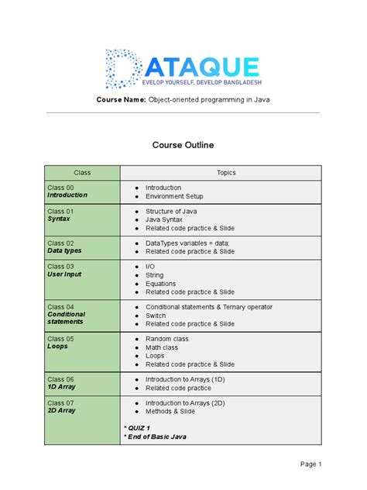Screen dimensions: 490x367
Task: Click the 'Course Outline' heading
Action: click(x=183, y=145)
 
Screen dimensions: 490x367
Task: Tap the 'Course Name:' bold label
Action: click(x=121, y=101)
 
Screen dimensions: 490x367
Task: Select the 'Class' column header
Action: click(x=82, y=173)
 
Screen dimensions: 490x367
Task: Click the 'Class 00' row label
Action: click(x=60, y=188)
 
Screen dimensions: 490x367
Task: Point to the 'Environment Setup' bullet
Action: click(x=174, y=197)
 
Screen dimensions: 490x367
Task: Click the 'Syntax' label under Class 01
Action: click(x=59, y=219)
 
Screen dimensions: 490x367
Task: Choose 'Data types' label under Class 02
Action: click(x=64, y=251)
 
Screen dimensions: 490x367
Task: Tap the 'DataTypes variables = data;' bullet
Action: click(x=187, y=243)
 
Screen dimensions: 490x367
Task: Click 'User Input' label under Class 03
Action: click(x=64, y=274)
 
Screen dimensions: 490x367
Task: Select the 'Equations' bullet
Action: click(x=161, y=284)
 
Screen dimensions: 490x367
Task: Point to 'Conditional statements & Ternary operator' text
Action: click(x=209, y=307)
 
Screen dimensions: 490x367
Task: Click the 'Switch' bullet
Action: click(x=156, y=316)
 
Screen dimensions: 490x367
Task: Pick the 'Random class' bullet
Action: click(x=166, y=339)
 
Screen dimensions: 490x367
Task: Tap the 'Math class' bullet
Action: click(x=163, y=347)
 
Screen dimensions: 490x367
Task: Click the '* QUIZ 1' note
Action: click(x=137, y=428)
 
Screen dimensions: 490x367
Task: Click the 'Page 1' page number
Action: click(x=311, y=464)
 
